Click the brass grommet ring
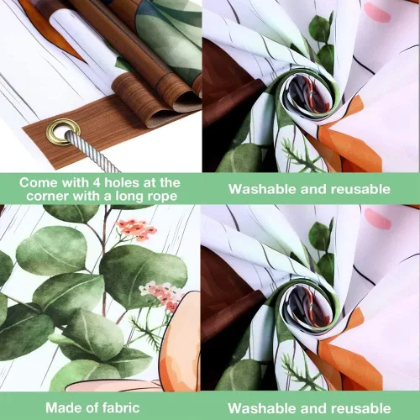pos(63,132)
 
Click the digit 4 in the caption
pos(97,183)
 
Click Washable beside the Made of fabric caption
pos(263,408)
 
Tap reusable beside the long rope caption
pos(360,189)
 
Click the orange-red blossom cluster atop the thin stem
pos(136,230)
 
